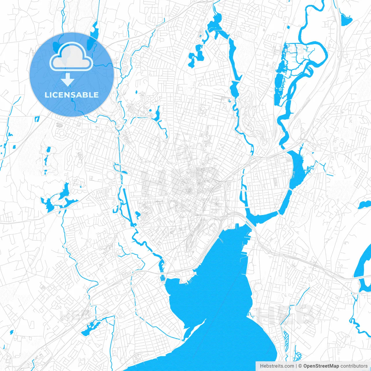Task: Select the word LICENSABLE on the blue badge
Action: (x=72, y=95)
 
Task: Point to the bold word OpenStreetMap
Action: (x=321, y=366)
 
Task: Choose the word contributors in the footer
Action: (x=354, y=366)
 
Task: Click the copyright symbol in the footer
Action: (x=300, y=366)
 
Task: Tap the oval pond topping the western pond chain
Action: (x=48, y=150)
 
